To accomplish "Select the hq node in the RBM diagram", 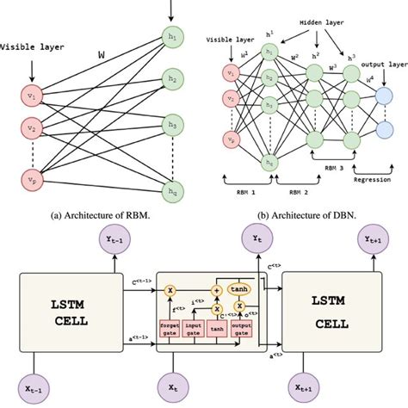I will click(x=168, y=195).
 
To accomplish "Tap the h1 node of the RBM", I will click(x=168, y=38).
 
